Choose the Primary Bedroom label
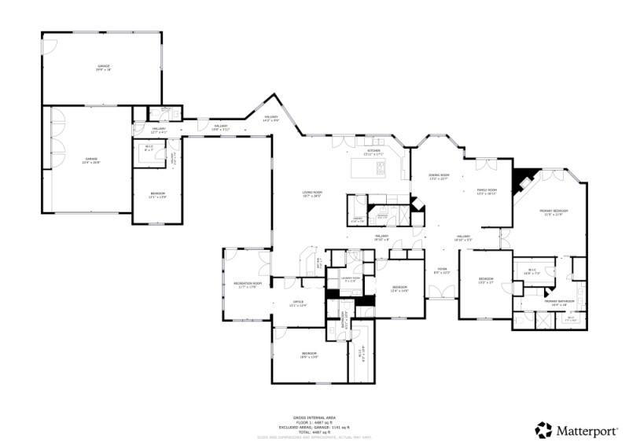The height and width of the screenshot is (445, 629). coord(553,212)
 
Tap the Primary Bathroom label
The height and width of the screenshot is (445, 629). coord(560,302)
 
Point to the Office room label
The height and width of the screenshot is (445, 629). coord(298,303)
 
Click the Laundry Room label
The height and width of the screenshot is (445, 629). coord(351,279)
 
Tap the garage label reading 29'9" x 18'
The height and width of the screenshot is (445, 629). coord(103,68)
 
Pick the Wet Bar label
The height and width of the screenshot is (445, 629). coord(319,263)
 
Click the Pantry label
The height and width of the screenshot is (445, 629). coord(357,220)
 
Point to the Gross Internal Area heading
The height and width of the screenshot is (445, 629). coord(314,418)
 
